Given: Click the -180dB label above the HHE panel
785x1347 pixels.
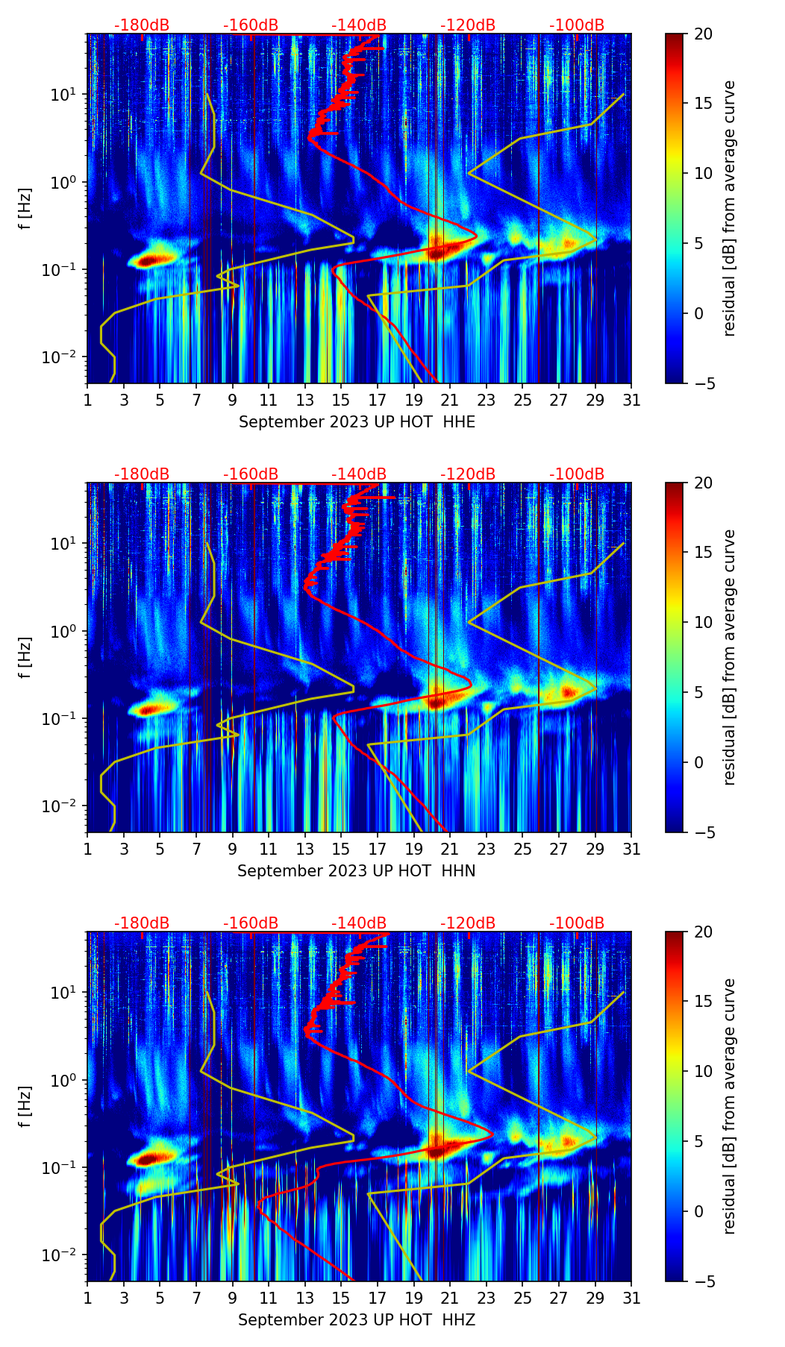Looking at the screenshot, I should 142,25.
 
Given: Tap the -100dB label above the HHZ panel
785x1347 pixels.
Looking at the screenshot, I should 577,923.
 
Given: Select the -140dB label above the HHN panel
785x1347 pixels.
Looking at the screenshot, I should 359,474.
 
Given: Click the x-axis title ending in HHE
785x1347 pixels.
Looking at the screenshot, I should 357,422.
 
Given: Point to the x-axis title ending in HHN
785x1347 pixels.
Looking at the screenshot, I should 357,871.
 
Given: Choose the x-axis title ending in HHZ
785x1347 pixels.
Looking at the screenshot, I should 357,1320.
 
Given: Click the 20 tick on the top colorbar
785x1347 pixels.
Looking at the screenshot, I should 704,34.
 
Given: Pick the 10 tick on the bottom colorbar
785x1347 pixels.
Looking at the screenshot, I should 704,1072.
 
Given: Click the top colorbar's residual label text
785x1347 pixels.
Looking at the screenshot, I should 730,208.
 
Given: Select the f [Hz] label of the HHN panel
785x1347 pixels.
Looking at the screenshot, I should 25,657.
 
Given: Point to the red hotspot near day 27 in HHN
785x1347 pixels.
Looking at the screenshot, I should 568,691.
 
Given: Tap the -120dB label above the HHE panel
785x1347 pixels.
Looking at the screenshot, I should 468,25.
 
